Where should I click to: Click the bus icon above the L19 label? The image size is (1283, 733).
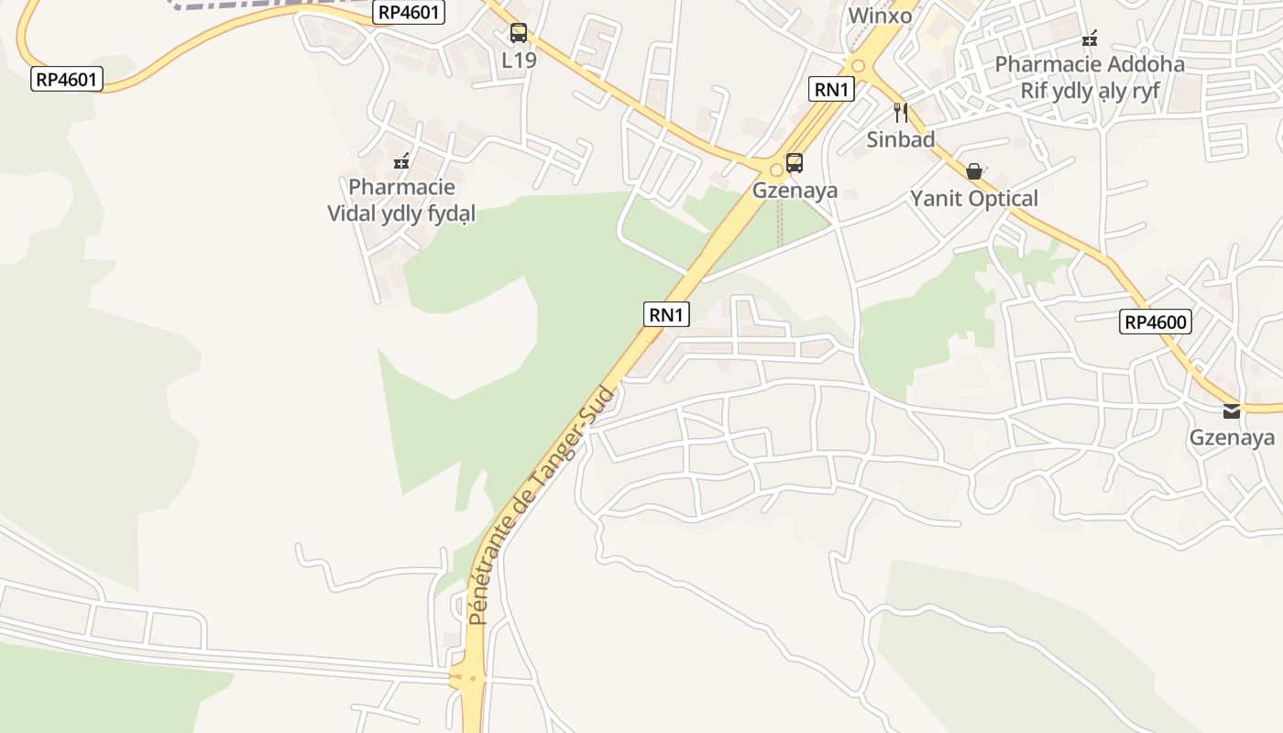tap(519, 34)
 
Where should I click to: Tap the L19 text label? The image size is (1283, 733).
tap(519, 60)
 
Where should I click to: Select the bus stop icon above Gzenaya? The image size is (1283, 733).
tap(795, 163)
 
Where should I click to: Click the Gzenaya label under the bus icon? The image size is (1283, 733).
tap(795, 191)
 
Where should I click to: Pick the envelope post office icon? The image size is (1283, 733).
tap(1232, 411)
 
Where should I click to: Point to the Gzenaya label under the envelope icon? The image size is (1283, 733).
tap(1232, 438)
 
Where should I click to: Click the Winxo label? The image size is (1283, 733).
tap(880, 16)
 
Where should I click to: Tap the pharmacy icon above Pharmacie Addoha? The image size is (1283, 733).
tap(1090, 38)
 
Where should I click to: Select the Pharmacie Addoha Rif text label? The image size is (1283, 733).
tap(1090, 77)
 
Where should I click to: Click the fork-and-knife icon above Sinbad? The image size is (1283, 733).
tap(901, 113)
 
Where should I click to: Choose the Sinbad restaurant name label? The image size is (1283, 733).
tap(901, 139)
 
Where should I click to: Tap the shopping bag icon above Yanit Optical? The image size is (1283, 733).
tap(974, 171)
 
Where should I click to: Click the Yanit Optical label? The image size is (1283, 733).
tap(974, 198)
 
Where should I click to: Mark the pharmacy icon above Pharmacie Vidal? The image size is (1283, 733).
tap(401, 161)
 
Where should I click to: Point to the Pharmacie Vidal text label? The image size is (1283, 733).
tap(401, 200)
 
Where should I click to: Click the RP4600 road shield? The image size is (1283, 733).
tap(1155, 322)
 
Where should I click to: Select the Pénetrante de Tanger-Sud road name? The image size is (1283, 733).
tap(543, 507)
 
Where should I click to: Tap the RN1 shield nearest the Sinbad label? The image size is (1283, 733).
tap(832, 89)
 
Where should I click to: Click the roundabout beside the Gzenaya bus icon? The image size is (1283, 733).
tap(776, 169)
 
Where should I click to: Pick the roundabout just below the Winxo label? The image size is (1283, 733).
tap(858, 65)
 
